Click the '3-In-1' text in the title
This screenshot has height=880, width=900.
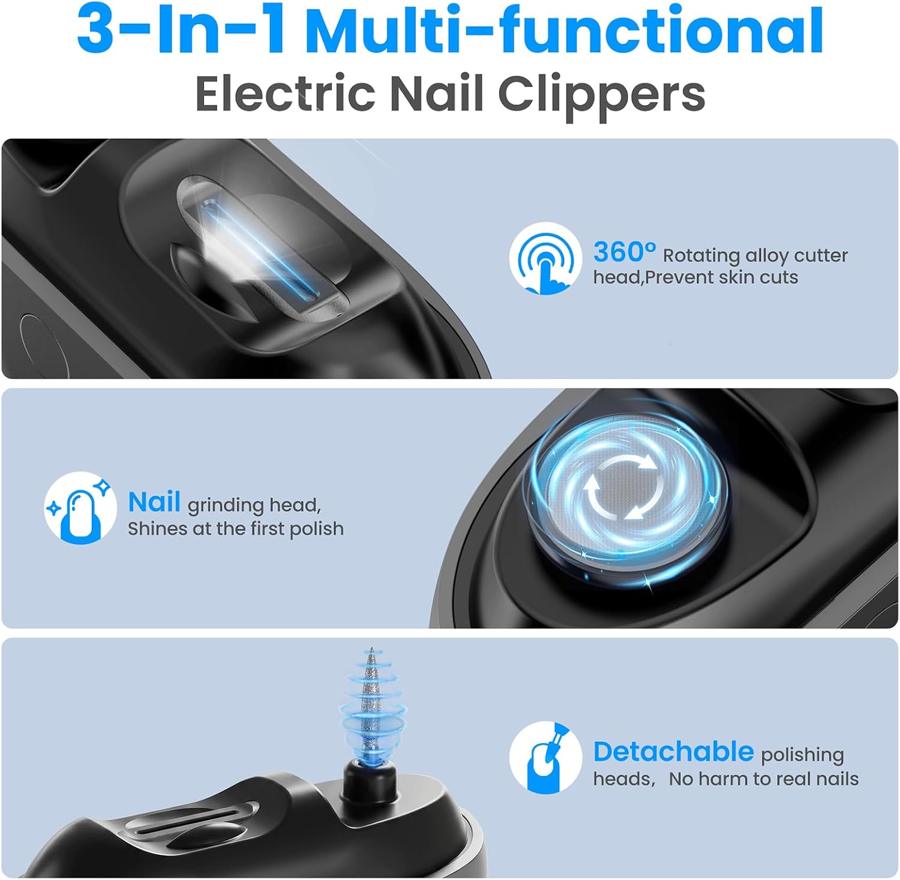182,29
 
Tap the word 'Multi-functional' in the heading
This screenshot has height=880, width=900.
565,29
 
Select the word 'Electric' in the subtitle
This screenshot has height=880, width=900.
286,94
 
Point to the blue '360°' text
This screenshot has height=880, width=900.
625,252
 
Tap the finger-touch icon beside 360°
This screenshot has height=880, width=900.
545,258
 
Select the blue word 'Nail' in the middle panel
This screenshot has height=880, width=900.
154,502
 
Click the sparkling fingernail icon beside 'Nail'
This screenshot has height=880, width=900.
80,508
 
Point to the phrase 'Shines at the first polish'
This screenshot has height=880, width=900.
236,529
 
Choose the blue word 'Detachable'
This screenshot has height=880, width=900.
673,752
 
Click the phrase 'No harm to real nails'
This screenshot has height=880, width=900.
764,779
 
